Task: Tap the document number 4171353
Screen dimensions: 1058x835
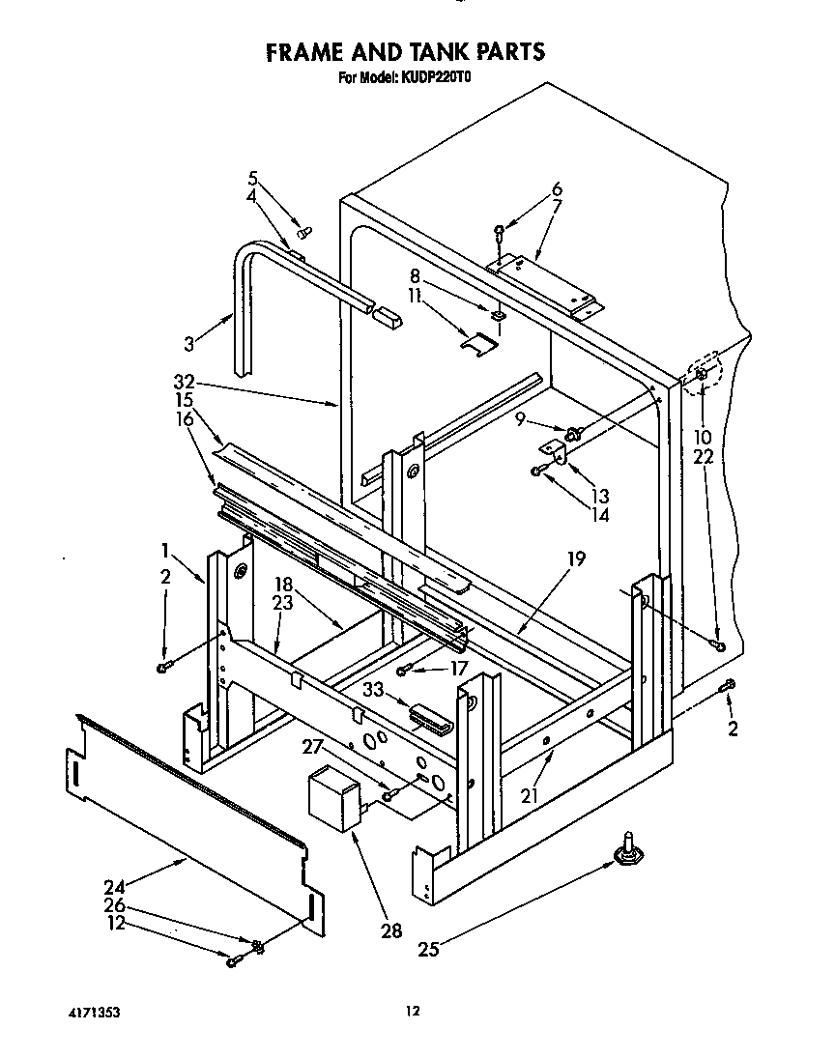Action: [x=96, y=1012]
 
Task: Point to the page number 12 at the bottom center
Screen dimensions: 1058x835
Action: [x=413, y=1012]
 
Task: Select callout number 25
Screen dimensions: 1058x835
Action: [x=429, y=949]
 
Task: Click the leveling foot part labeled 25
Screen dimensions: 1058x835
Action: [x=629, y=851]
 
